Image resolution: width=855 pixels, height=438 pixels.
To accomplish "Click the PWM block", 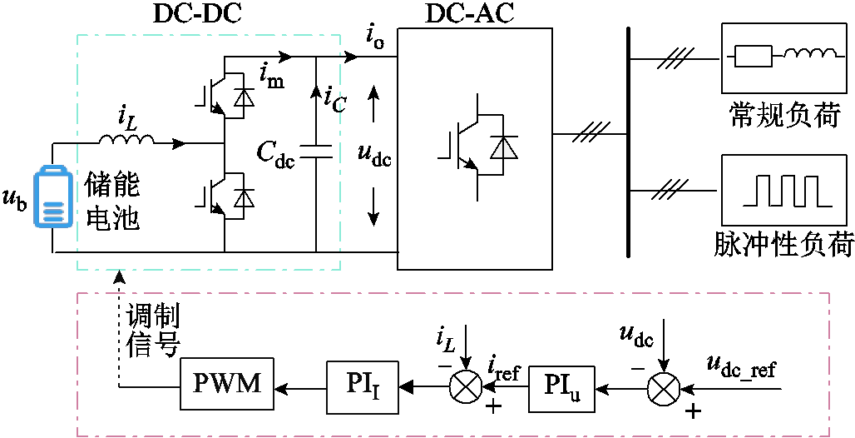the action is (227, 385).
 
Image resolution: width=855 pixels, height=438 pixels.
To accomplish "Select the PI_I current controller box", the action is (362, 386).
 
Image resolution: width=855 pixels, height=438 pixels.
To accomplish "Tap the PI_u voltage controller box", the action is (561, 386).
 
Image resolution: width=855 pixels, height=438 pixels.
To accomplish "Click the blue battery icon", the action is (53, 198).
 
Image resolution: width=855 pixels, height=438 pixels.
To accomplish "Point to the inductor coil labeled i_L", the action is (126, 141).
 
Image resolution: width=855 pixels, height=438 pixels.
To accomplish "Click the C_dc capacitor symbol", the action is (316, 152).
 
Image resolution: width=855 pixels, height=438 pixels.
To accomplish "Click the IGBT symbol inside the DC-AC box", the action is (477, 147).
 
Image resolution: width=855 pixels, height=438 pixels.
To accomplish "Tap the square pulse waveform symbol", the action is (788, 191).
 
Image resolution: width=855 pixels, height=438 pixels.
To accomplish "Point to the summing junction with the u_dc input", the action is (664, 389).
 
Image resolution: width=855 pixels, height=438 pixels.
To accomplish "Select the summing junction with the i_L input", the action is (466, 387).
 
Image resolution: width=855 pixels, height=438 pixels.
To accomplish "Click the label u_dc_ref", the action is (740, 369).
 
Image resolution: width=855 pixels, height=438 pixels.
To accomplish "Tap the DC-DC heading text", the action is (196, 15).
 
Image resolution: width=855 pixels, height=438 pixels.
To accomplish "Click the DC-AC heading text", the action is (469, 15).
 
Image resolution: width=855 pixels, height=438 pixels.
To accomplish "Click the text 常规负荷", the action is (783, 116).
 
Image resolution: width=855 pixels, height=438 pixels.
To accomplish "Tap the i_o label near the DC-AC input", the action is (374, 39).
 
